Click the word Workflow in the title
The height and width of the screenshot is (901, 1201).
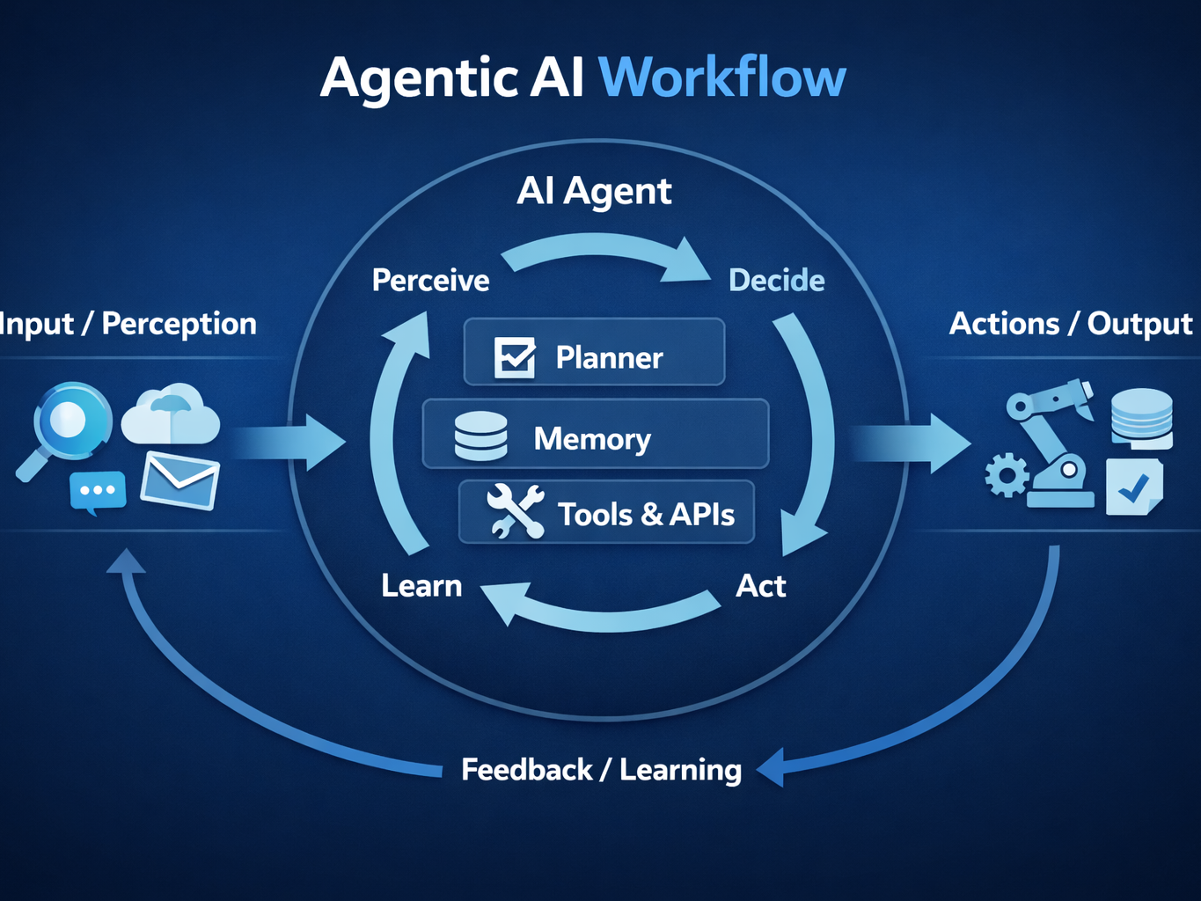(x=721, y=77)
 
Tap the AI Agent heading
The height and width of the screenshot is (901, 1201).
(x=594, y=191)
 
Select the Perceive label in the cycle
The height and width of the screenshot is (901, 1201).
(x=430, y=281)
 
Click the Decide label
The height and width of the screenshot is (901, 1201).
(x=776, y=281)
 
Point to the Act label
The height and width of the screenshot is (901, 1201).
(x=760, y=586)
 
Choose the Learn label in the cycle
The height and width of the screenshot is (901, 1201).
(x=421, y=586)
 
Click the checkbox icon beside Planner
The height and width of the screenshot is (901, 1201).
(x=515, y=357)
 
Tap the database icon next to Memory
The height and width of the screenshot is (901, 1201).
(x=480, y=436)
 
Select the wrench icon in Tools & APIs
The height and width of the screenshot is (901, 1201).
(x=516, y=511)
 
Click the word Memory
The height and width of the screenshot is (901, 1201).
(x=592, y=438)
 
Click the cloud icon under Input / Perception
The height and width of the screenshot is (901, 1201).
(x=171, y=415)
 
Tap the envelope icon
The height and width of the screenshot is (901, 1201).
(x=180, y=480)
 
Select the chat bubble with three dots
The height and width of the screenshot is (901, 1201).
(x=97, y=492)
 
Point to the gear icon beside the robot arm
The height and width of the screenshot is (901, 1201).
(x=1006, y=475)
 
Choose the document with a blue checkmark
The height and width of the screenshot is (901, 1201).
(x=1134, y=487)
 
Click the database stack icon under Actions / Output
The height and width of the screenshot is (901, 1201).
(x=1141, y=417)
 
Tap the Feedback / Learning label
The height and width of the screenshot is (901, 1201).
(x=601, y=770)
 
